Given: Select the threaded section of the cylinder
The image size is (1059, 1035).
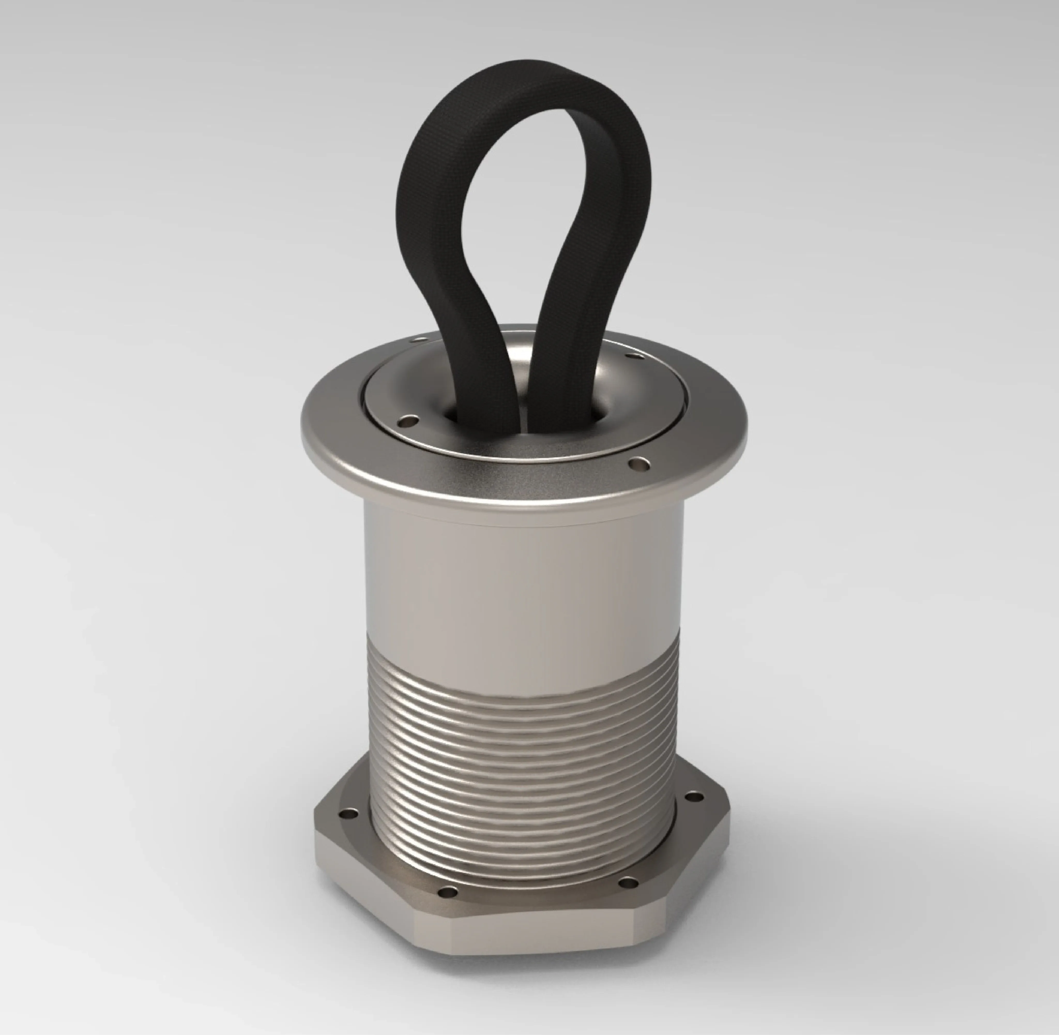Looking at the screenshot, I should (x=522, y=761).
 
